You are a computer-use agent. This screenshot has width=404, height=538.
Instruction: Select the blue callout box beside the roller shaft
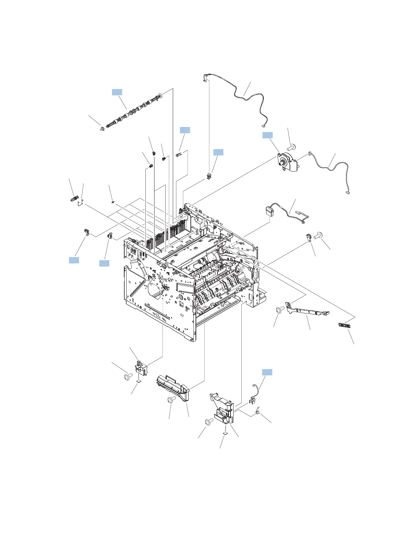click(x=117, y=92)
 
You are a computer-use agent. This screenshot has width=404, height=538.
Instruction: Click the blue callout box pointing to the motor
click(x=268, y=135)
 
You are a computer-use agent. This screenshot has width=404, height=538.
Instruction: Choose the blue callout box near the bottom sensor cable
click(x=267, y=372)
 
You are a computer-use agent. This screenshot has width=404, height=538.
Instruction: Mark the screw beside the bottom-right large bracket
click(x=208, y=422)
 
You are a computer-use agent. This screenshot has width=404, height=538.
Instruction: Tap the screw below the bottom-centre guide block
click(x=171, y=400)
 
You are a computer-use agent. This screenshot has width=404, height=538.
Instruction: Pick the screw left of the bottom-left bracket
click(x=128, y=377)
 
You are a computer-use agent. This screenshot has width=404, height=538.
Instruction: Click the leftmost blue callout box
click(x=74, y=260)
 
